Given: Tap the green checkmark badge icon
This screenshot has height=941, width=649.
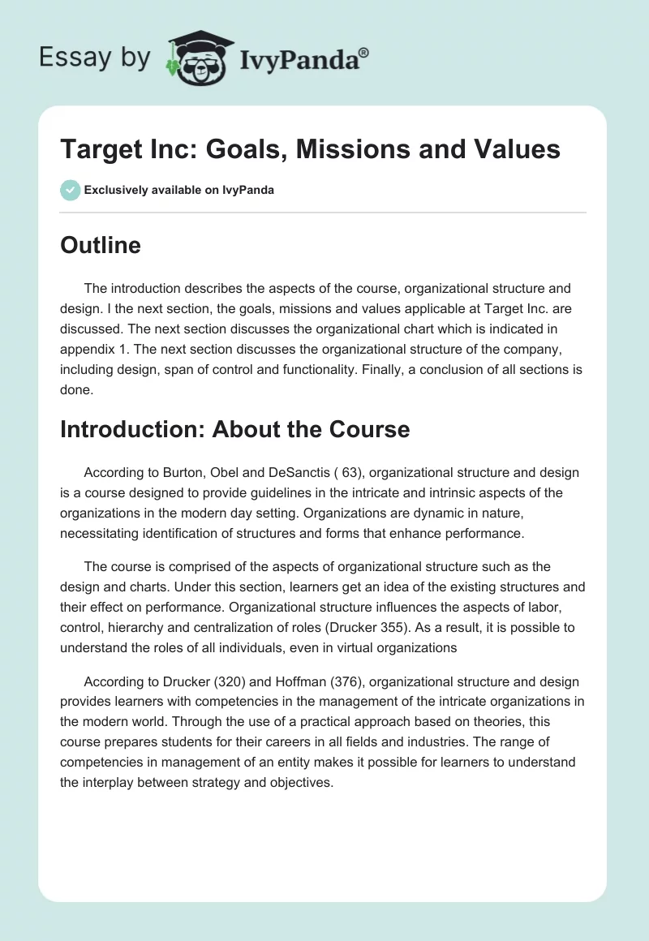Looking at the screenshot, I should (70, 190).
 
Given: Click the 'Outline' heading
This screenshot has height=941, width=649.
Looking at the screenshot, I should (100, 245).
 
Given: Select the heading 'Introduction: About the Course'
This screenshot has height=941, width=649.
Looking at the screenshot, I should (234, 429).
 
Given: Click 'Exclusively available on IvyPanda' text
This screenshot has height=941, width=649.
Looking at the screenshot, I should (179, 191).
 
